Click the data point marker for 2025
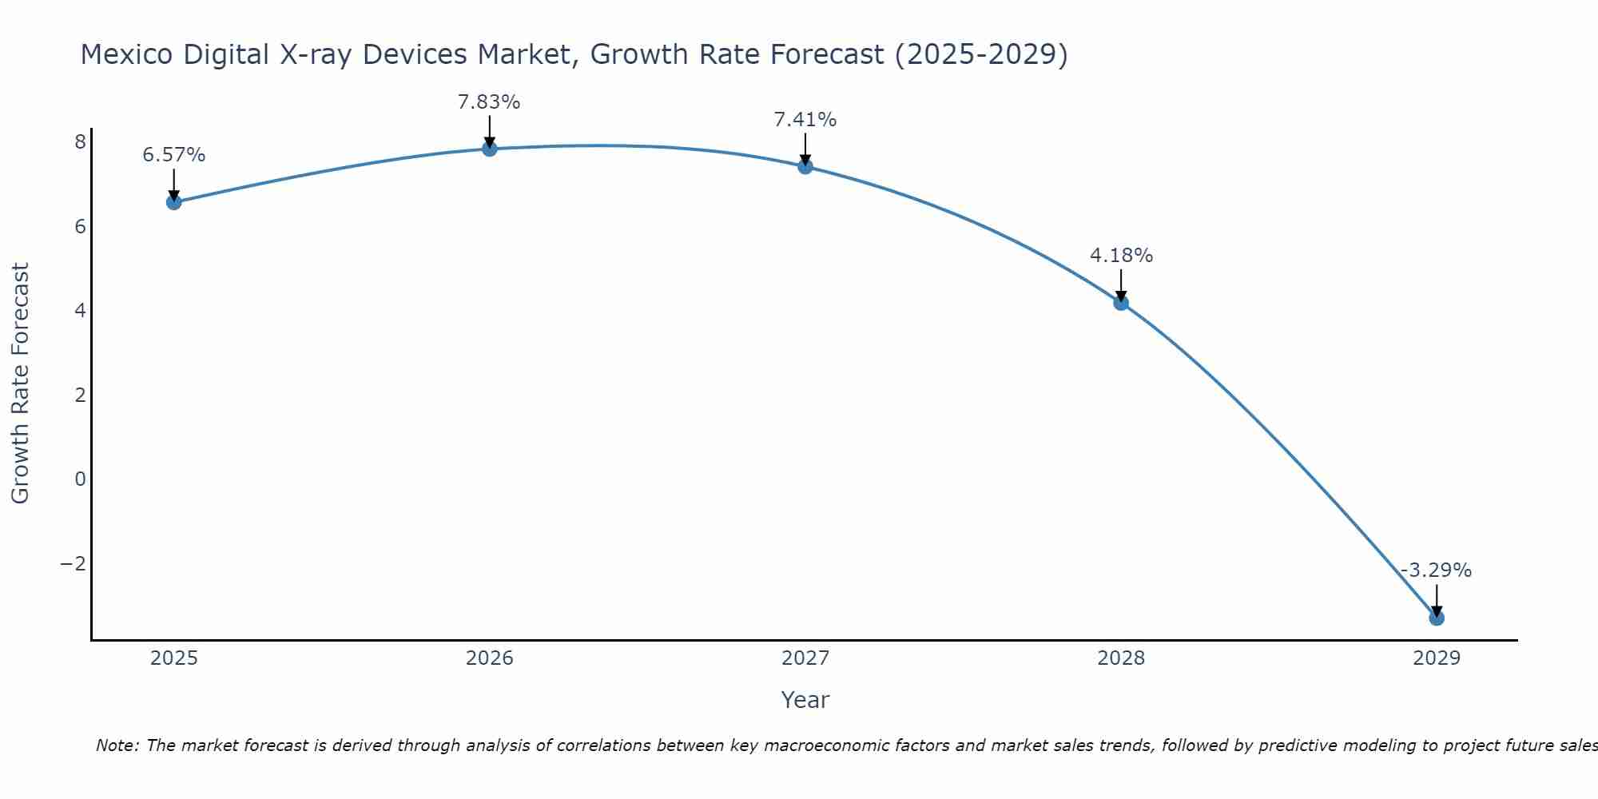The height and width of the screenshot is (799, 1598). pos(173,202)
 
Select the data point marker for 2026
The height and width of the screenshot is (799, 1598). pos(490,149)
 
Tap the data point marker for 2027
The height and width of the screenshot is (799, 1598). pos(805,166)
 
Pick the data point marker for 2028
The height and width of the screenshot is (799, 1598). pos(1121,303)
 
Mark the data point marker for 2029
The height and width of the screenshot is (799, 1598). pos(1437,618)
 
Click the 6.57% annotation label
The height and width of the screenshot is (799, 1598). pos(173,155)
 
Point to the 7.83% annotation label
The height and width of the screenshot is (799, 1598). pos(489,102)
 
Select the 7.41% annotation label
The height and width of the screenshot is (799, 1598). pos(805,120)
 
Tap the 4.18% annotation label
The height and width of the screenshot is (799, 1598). pos(1121,256)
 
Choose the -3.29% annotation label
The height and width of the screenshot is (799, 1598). pos(1437,570)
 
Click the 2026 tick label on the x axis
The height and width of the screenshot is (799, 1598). pos(490,658)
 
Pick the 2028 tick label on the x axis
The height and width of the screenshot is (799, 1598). pos(1121,658)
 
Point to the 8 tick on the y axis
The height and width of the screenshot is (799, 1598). pos(80,142)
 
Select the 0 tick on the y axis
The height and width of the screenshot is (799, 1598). pos(80,479)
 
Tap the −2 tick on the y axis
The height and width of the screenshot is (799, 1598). pos(74,564)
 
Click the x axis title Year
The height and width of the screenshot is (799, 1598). pos(805,700)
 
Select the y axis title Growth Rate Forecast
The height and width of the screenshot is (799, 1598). pos(21,384)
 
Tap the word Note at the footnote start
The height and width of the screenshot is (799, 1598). pos(117,745)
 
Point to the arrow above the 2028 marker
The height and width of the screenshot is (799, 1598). pos(1121,285)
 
